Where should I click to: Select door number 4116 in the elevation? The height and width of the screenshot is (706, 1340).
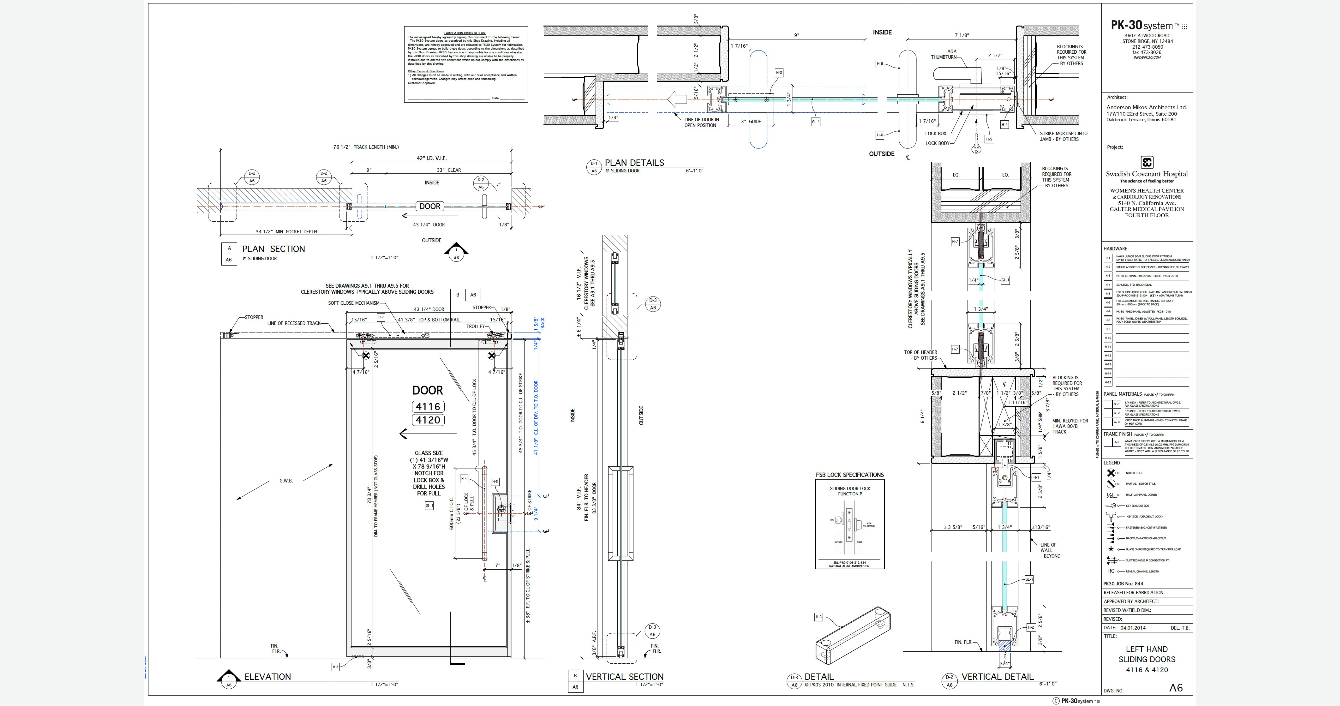coord(428,407)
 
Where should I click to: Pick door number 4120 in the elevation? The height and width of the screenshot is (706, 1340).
coord(428,420)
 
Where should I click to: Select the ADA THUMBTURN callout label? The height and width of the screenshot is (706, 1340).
coord(944,54)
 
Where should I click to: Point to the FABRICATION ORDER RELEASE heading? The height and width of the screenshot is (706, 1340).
coord(465,33)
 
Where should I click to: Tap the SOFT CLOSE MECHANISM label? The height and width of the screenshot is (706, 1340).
coord(354,303)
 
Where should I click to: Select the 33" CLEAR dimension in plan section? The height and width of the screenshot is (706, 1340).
coord(448,170)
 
